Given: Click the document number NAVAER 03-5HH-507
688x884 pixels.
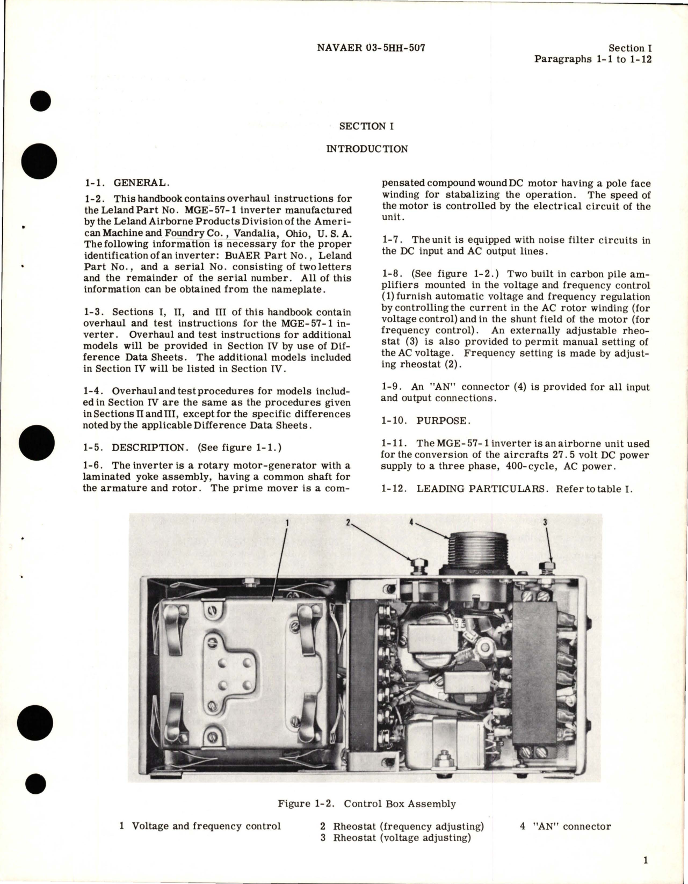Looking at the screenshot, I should (x=372, y=48).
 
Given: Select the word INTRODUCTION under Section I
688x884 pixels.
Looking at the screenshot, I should (x=367, y=149).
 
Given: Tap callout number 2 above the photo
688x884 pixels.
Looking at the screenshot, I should (x=348, y=521).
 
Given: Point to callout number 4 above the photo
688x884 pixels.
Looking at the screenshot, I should (x=411, y=521).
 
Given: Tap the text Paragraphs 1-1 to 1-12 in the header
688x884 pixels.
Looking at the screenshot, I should (x=592, y=59).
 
